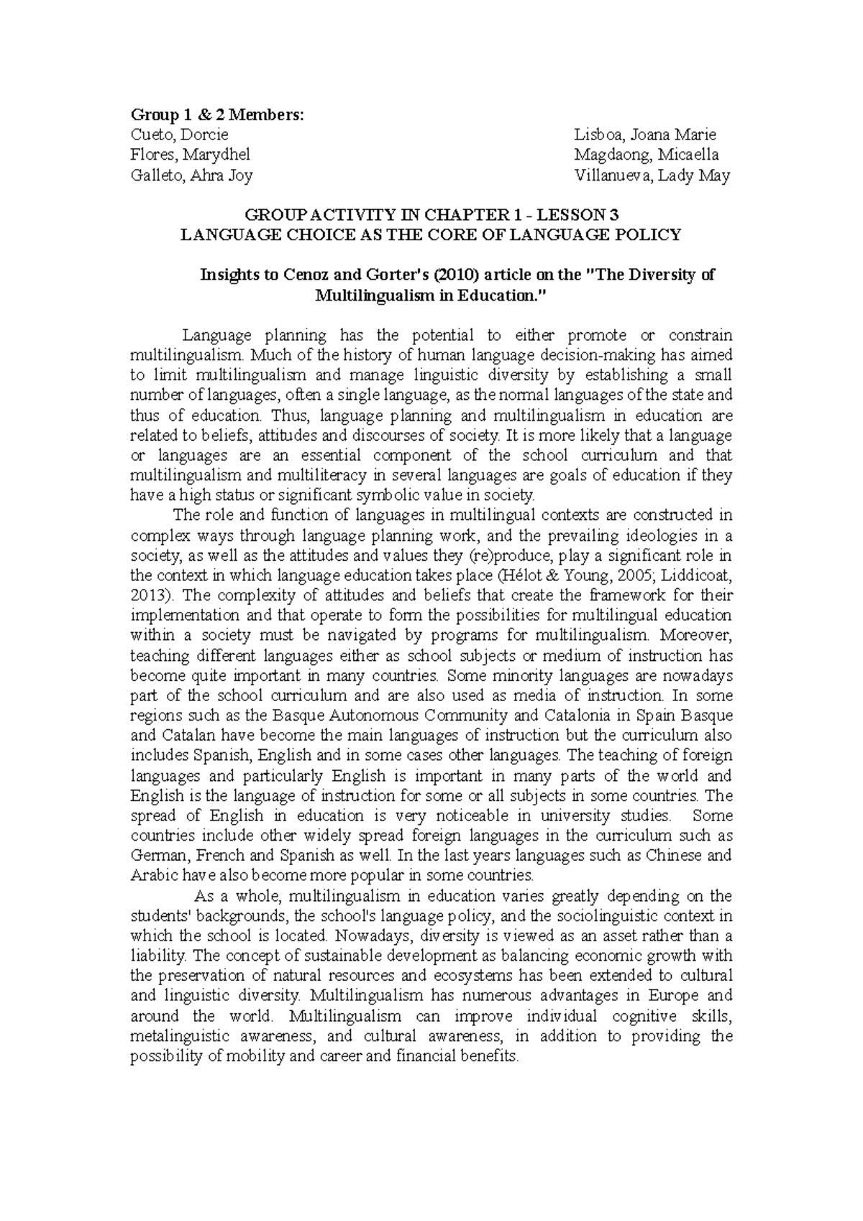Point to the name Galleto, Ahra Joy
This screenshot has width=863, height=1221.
(x=191, y=175)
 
